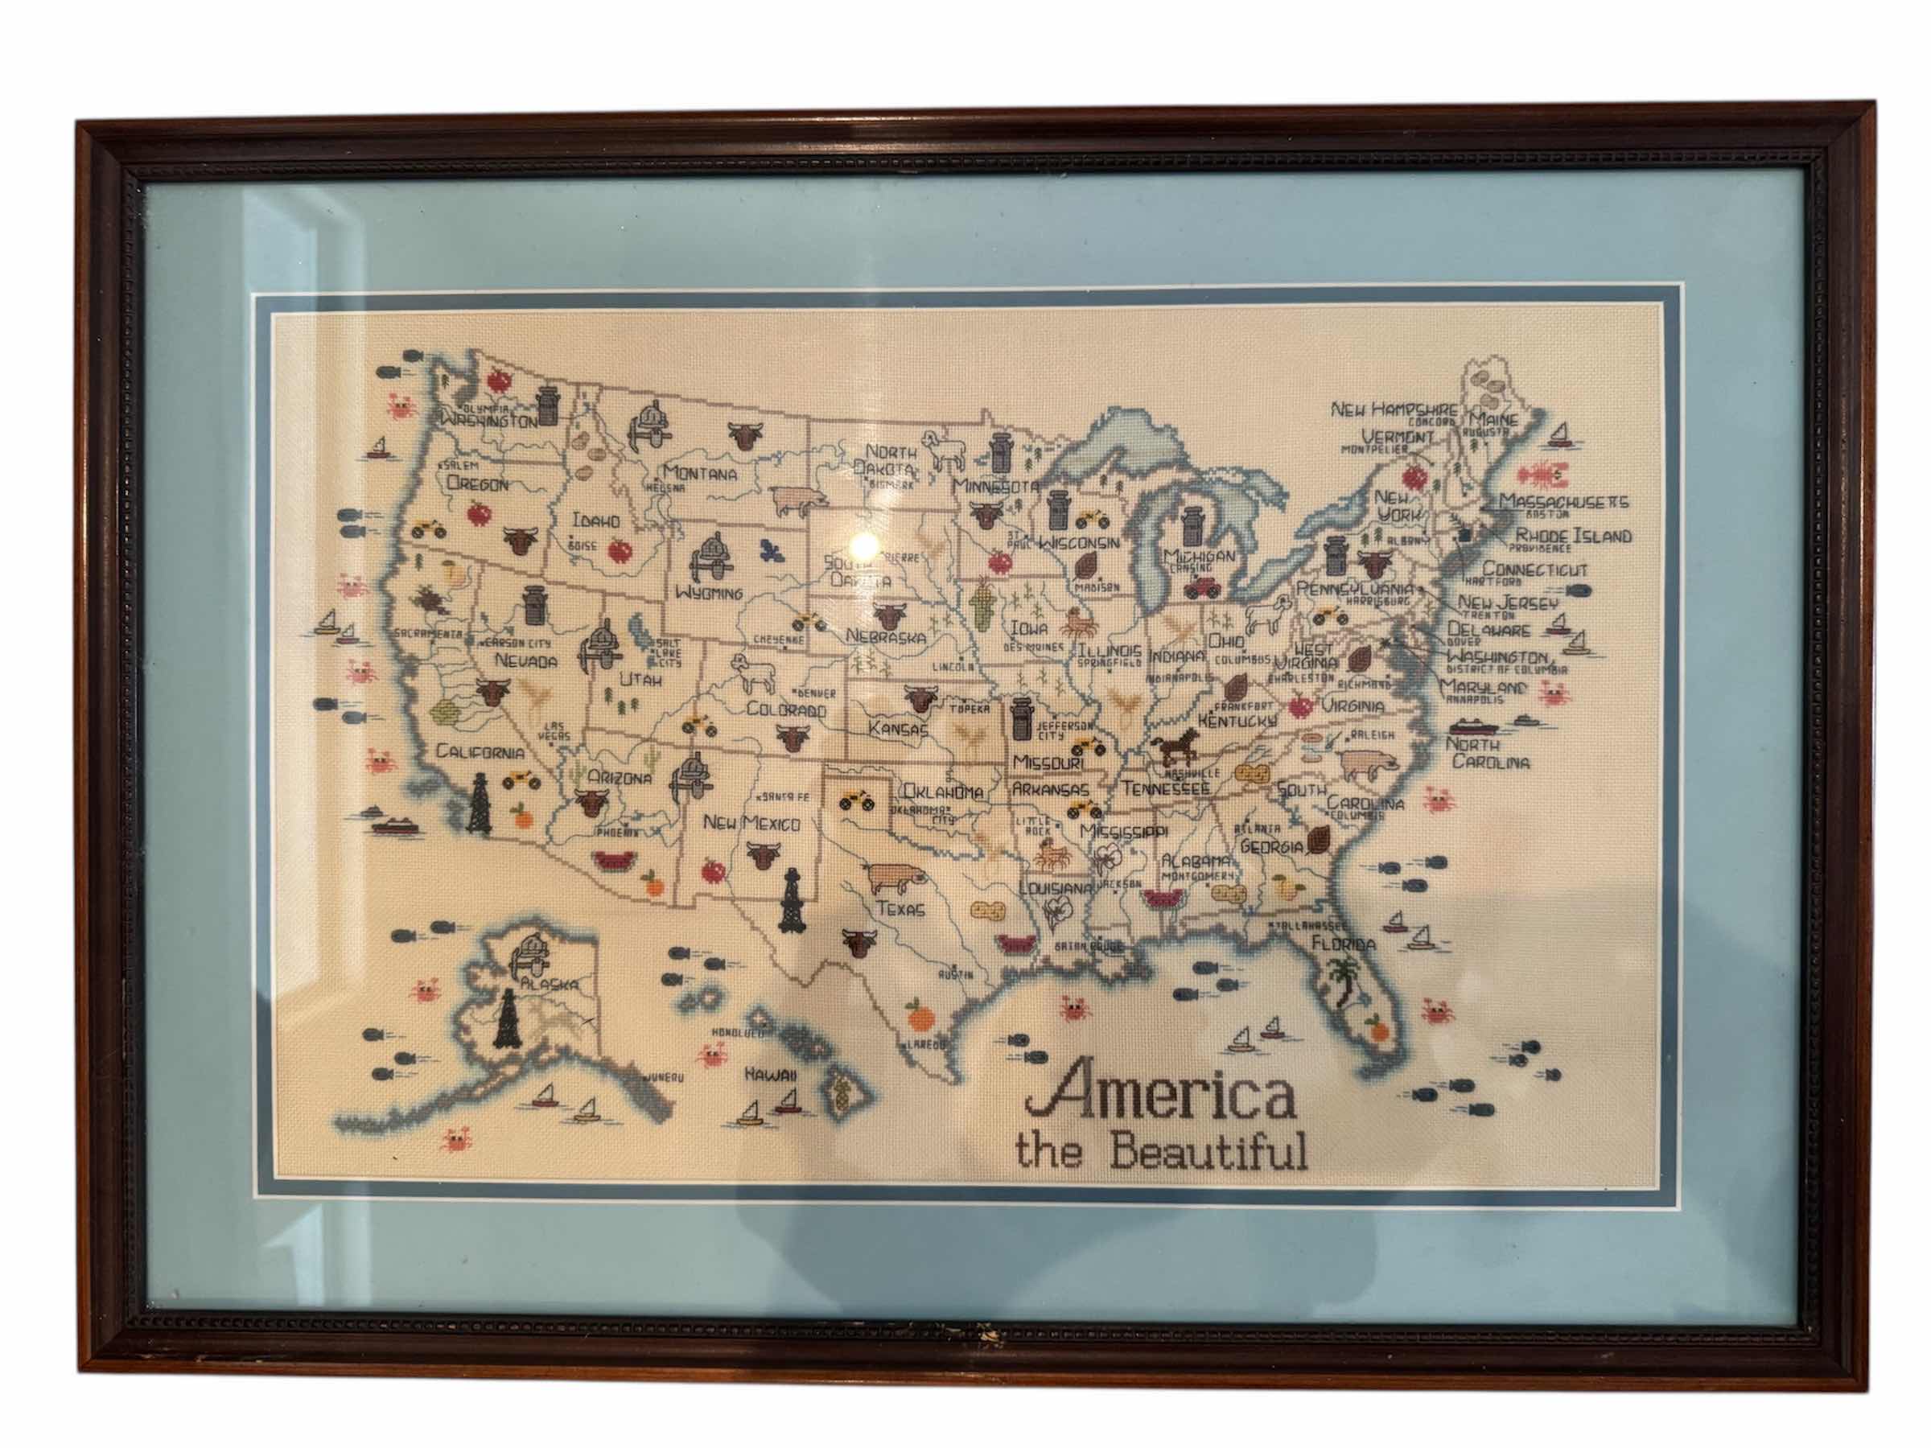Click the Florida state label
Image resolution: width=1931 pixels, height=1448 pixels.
click(x=1344, y=944)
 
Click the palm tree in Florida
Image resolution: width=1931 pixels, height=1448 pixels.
click(x=1343, y=977)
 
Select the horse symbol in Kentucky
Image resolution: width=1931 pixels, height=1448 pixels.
click(x=1174, y=748)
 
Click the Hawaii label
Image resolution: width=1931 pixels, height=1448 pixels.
click(x=771, y=1076)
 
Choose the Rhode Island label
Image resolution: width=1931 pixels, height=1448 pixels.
click(x=1573, y=536)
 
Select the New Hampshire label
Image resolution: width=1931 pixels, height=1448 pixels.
click(x=1394, y=409)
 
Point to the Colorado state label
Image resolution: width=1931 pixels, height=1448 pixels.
click(x=785, y=710)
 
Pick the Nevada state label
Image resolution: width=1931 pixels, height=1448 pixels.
click(x=525, y=660)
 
